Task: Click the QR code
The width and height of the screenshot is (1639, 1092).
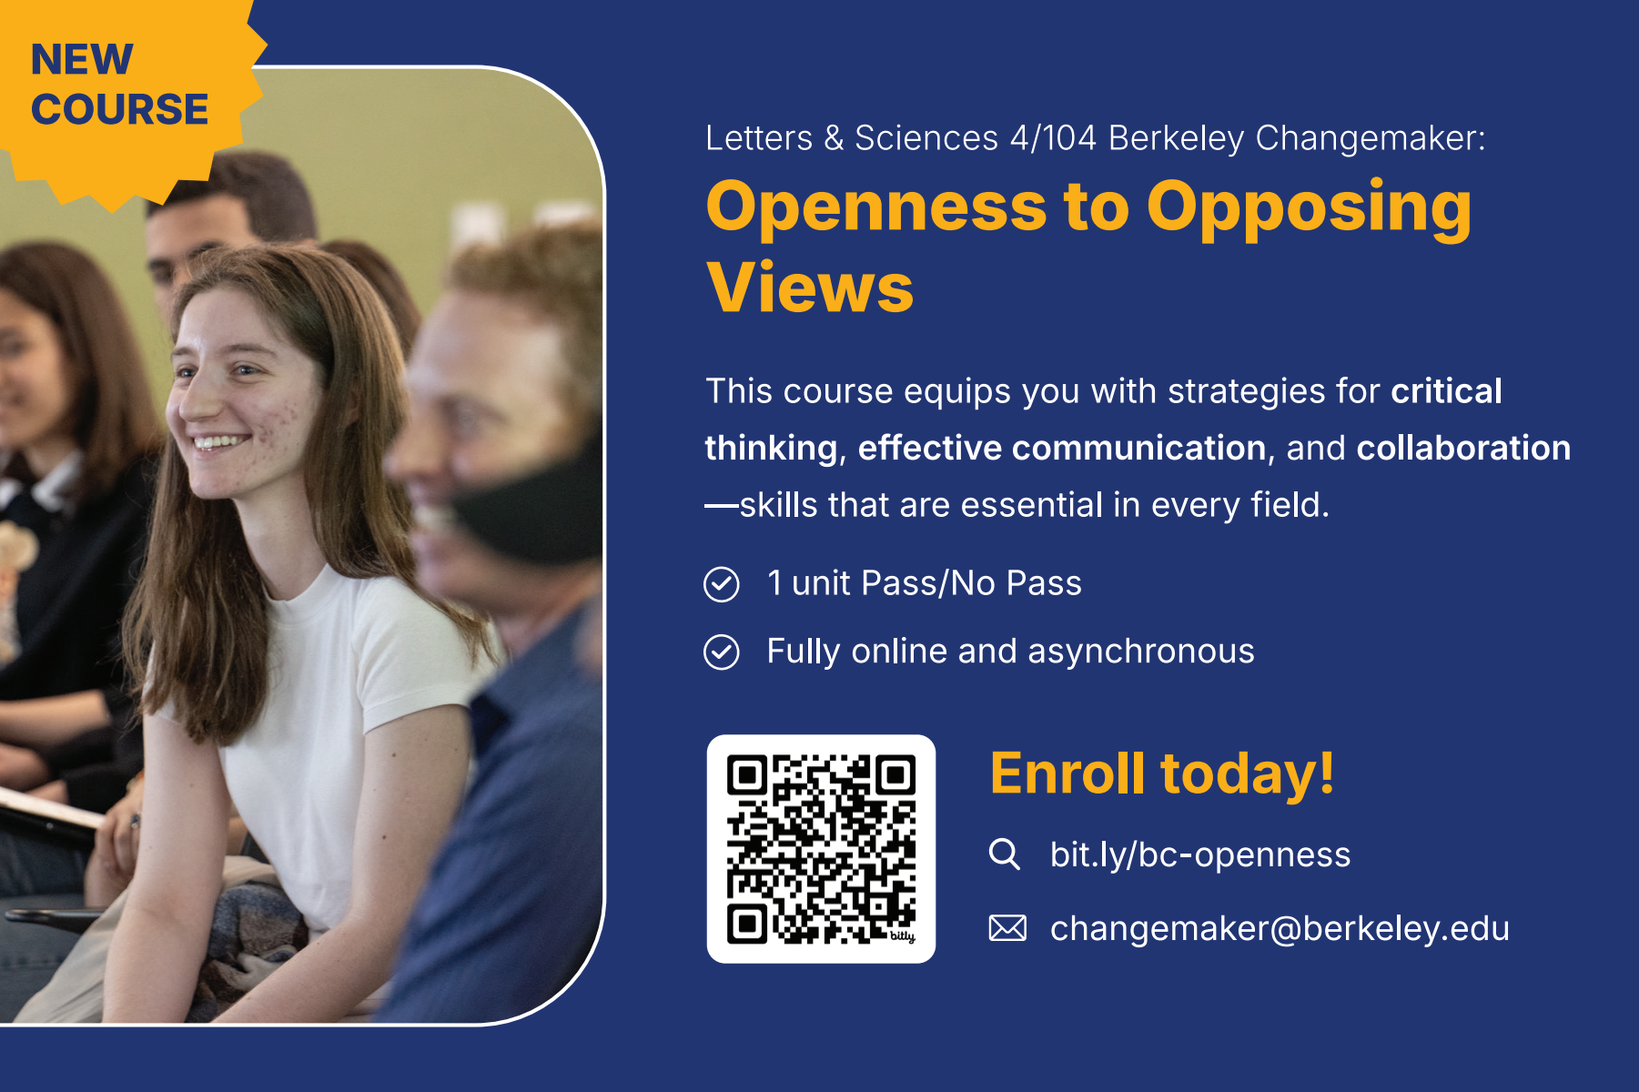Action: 821,849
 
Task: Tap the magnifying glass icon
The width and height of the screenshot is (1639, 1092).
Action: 1005,854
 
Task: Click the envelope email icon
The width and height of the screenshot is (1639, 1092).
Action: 1007,928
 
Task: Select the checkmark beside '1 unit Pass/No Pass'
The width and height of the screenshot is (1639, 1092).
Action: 722,584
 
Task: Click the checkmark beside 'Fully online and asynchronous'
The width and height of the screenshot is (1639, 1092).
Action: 722,652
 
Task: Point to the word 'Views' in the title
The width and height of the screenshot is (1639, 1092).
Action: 809,288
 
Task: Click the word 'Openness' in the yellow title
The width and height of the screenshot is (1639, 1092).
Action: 876,207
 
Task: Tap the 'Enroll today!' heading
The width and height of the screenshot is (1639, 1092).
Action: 1162,773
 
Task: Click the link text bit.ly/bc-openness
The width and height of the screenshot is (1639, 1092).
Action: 1200,854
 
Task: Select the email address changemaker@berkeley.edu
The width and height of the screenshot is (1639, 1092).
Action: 1280,928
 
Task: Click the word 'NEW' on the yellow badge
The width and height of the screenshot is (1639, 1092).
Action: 82,60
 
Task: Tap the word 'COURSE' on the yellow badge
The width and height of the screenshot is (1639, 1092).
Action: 120,109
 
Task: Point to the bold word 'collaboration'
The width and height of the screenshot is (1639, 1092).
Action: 1463,448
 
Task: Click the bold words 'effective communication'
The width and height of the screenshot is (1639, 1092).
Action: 1062,448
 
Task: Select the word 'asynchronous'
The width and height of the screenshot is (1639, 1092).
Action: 1141,652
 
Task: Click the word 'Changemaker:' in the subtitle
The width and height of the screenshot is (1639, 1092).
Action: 1371,138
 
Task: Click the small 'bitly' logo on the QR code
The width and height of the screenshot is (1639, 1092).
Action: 902,936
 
